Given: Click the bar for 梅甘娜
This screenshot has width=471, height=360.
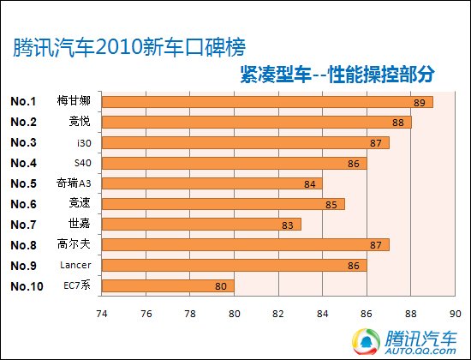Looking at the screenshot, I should (267, 102).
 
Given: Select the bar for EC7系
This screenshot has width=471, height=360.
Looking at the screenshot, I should (168, 285).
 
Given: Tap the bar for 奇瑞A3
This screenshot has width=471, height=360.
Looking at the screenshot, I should (212, 183).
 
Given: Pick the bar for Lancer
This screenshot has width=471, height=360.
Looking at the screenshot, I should (235, 265).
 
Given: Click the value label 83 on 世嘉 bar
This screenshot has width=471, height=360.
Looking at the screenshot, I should (286, 225).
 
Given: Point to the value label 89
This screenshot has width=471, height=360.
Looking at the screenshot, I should (420, 102).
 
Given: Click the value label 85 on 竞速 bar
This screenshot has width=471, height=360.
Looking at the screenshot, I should (331, 204).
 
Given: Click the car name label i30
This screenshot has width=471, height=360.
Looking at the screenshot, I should (80, 142).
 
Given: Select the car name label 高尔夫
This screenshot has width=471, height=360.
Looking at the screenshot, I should (75, 245).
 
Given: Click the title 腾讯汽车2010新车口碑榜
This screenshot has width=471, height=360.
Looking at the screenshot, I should (133, 48).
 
